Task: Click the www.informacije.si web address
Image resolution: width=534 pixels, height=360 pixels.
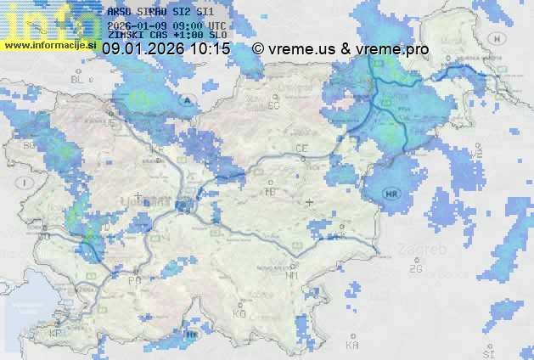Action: (x=51, y=44)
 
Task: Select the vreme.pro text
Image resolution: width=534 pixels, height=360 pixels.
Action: (x=392, y=49)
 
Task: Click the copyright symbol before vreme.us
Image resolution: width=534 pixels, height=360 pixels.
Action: (x=259, y=49)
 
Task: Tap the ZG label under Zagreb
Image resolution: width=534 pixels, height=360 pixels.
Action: (x=415, y=269)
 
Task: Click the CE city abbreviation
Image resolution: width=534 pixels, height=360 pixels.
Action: (x=301, y=149)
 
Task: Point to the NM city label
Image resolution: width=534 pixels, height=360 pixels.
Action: (x=293, y=275)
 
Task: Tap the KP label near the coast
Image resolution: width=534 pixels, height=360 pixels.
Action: (x=56, y=334)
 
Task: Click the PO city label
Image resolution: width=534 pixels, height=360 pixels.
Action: (x=133, y=280)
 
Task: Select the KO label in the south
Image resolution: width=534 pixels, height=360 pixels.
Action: (x=239, y=313)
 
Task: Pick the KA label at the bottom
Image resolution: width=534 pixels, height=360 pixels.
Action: (x=352, y=345)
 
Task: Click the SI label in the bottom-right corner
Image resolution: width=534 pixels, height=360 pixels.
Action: (x=488, y=352)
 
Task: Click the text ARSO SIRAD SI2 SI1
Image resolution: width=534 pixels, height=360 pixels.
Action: (x=160, y=13)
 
